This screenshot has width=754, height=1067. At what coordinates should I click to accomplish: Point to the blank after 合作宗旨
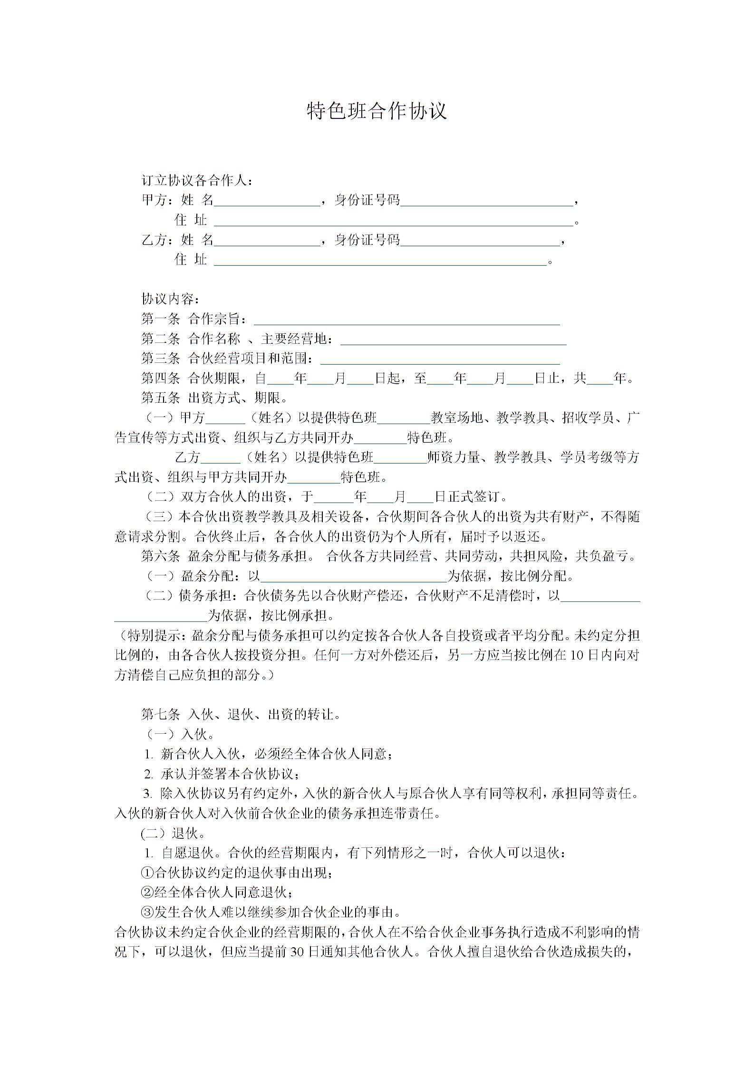[406, 320]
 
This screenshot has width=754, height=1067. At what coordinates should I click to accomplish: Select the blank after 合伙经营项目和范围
[440, 360]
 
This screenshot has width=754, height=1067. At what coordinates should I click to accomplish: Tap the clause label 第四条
[161, 378]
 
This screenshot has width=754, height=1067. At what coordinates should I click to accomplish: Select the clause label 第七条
[161, 714]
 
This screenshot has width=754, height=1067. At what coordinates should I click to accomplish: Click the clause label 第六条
[161, 556]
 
